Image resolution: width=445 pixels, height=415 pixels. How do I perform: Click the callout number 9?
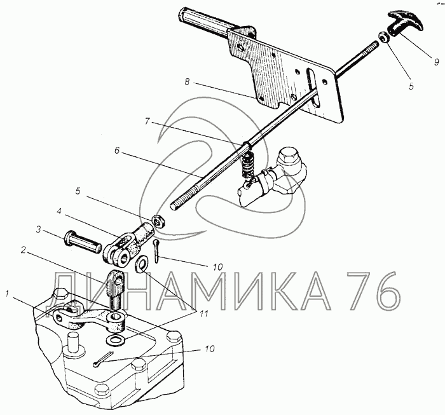pyautogui.click(x=437, y=62)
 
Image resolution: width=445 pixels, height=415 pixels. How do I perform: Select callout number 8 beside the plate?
pyautogui.click(x=187, y=82)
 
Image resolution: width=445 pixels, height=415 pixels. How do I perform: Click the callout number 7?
pyautogui.click(x=147, y=121)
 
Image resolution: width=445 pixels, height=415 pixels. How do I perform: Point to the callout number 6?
pyautogui.click(x=117, y=150)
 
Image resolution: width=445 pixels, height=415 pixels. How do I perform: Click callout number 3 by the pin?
pyautogui.click(x=39, y=229)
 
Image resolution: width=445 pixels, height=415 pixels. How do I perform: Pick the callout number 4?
pyautogui.click(x=58, y=212)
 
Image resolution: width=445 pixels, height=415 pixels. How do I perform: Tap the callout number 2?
pyautogui.click(x=24, y=250)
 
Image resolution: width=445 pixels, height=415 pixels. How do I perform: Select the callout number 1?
pyautogui.click(x=8, y=294)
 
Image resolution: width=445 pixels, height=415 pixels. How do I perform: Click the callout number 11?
pyautogui.click(x=204, y=313)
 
